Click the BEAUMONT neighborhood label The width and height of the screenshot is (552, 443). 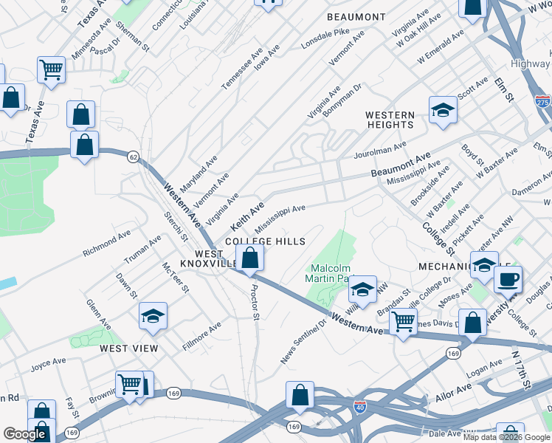point(356,17)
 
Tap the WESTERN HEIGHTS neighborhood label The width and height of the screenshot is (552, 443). point(390,120)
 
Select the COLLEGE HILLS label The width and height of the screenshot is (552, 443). point(265,241)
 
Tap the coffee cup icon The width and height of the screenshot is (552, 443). point(507,280)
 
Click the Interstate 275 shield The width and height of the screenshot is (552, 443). point(542,101)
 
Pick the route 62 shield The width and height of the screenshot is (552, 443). point(133,157)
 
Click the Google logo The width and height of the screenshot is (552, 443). point(25,434)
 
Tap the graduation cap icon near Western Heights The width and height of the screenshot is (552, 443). point(443,110)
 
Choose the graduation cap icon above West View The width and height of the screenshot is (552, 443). point(153,316)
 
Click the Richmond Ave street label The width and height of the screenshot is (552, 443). point(106,242)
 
